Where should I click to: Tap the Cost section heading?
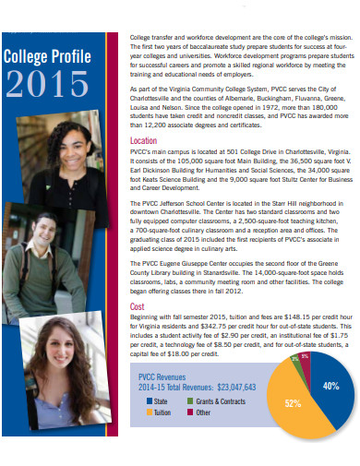137,306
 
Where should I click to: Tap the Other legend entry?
203,412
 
